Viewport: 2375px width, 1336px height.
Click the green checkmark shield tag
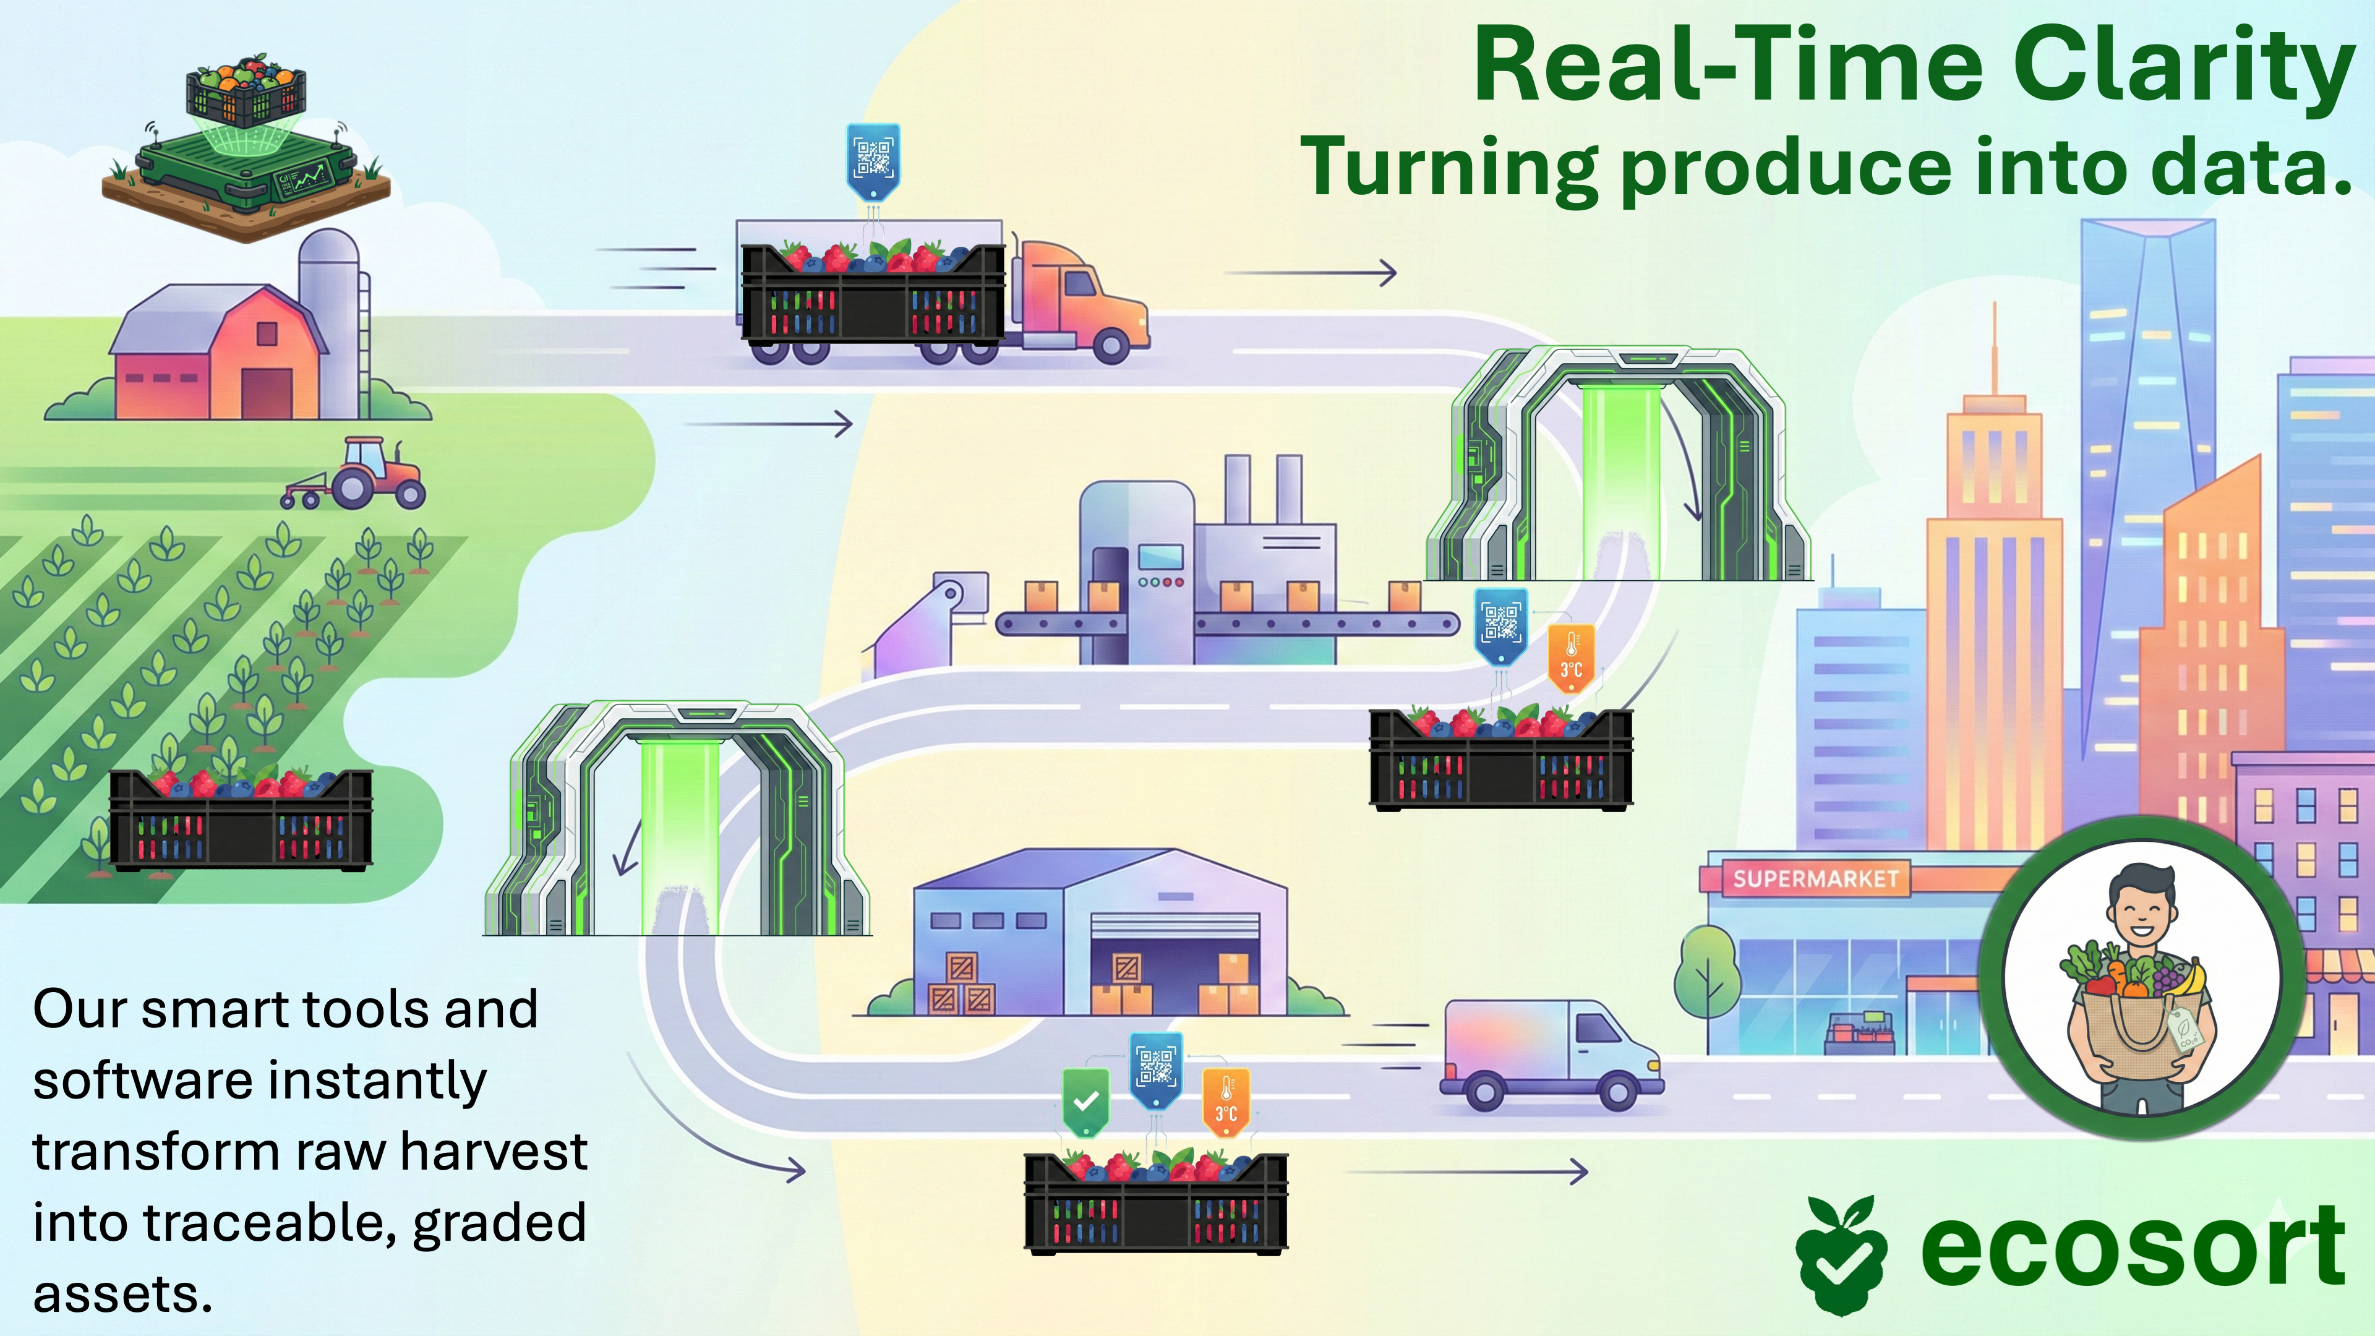(x=1085, y=1101)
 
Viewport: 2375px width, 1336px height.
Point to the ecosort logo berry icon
(x=1840, y=1254)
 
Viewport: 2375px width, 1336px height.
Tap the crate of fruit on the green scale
(x=246, y=92)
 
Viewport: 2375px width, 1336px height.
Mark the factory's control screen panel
(x=1160, y=557)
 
